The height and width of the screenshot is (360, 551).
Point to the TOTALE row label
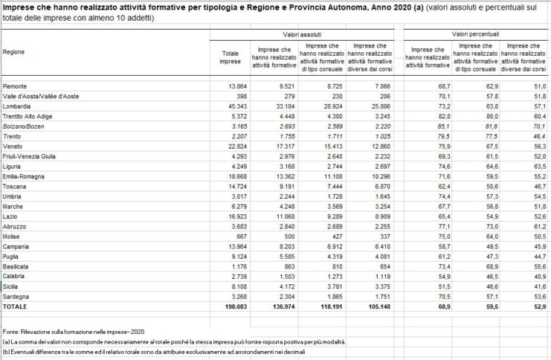coord(16,306)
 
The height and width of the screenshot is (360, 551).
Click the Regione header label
coord(14,53)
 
